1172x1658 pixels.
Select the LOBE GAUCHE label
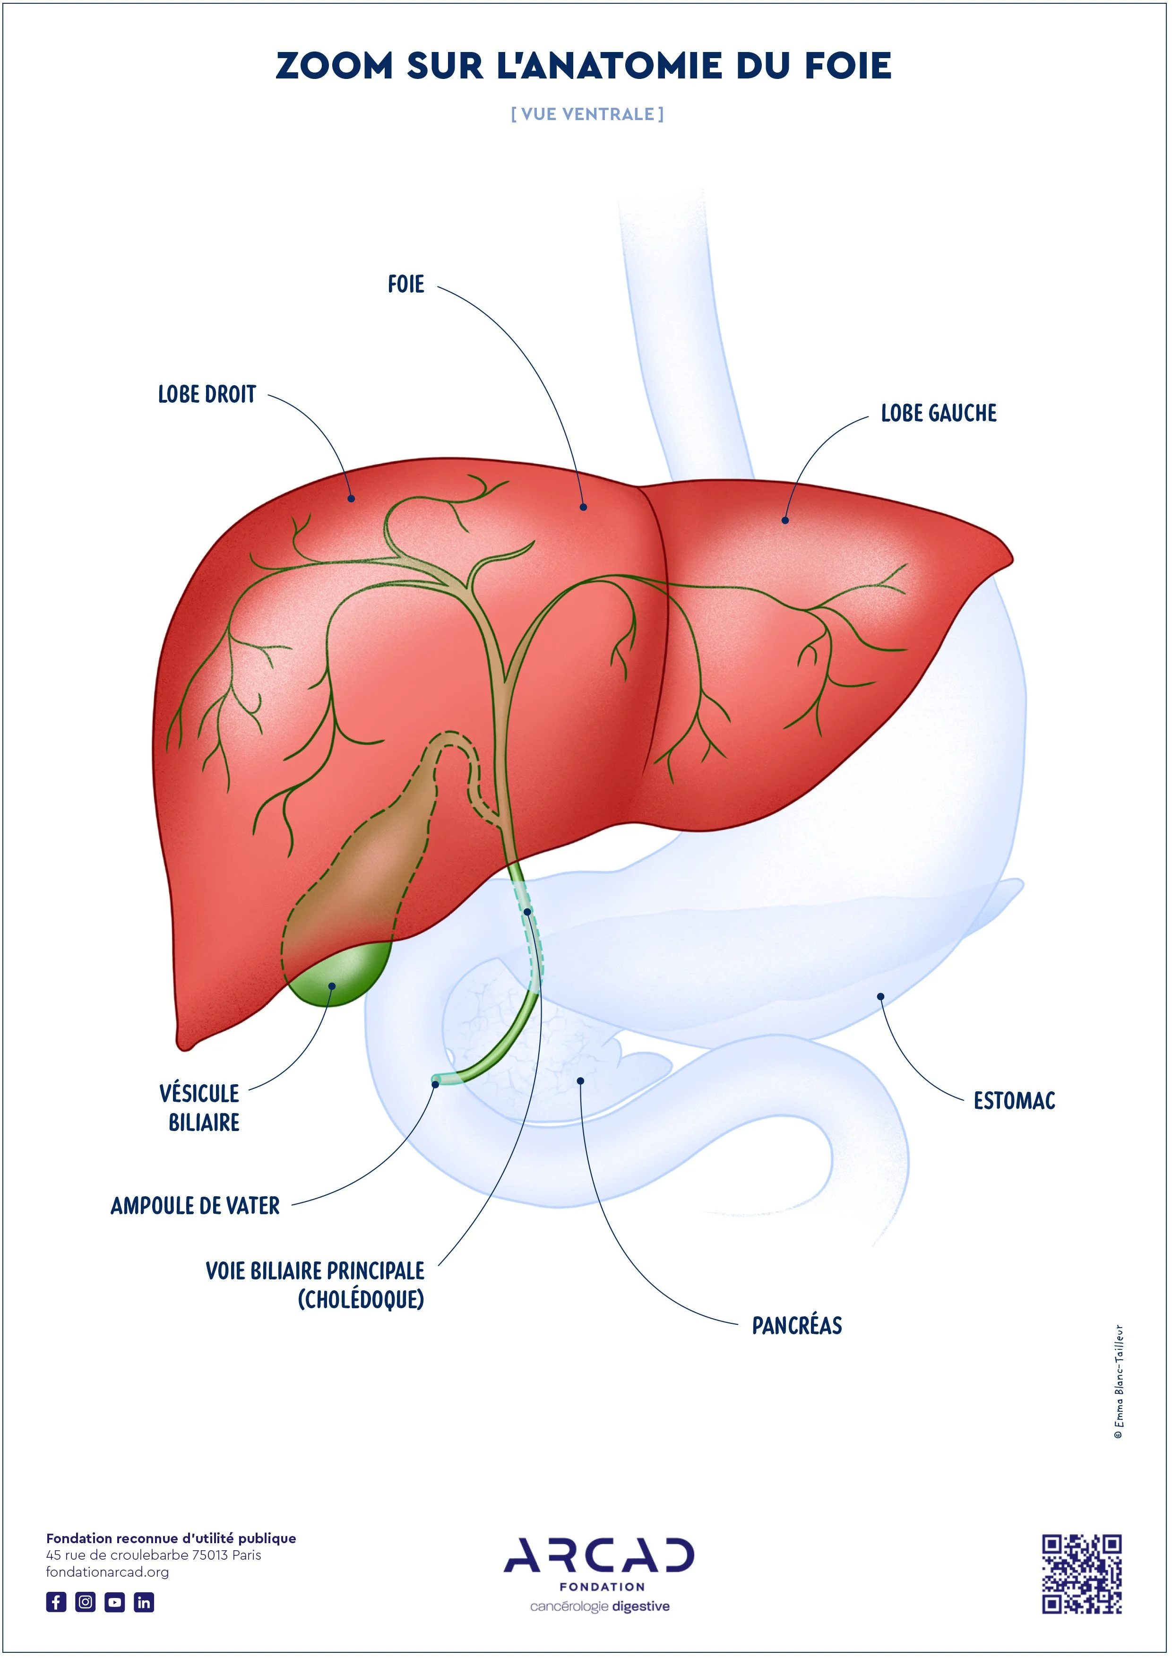(x=939, y=413)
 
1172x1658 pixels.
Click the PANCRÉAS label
(x=797, y=1325)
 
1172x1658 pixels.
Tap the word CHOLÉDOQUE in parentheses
(x=361, y=1299)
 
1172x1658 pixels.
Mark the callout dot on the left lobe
(x=785, y=520)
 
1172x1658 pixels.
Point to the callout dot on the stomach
(x=880, y=996)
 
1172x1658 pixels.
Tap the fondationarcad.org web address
(x=108, y=1572)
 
